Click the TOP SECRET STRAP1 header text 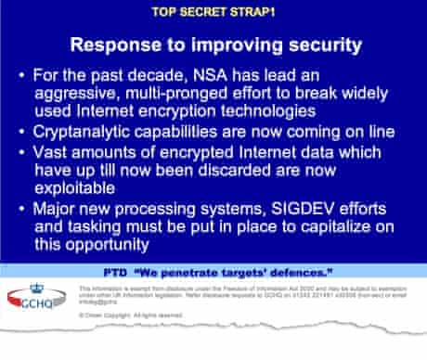click(x=213, y=14)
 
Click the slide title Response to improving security click(x=213, y=45)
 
